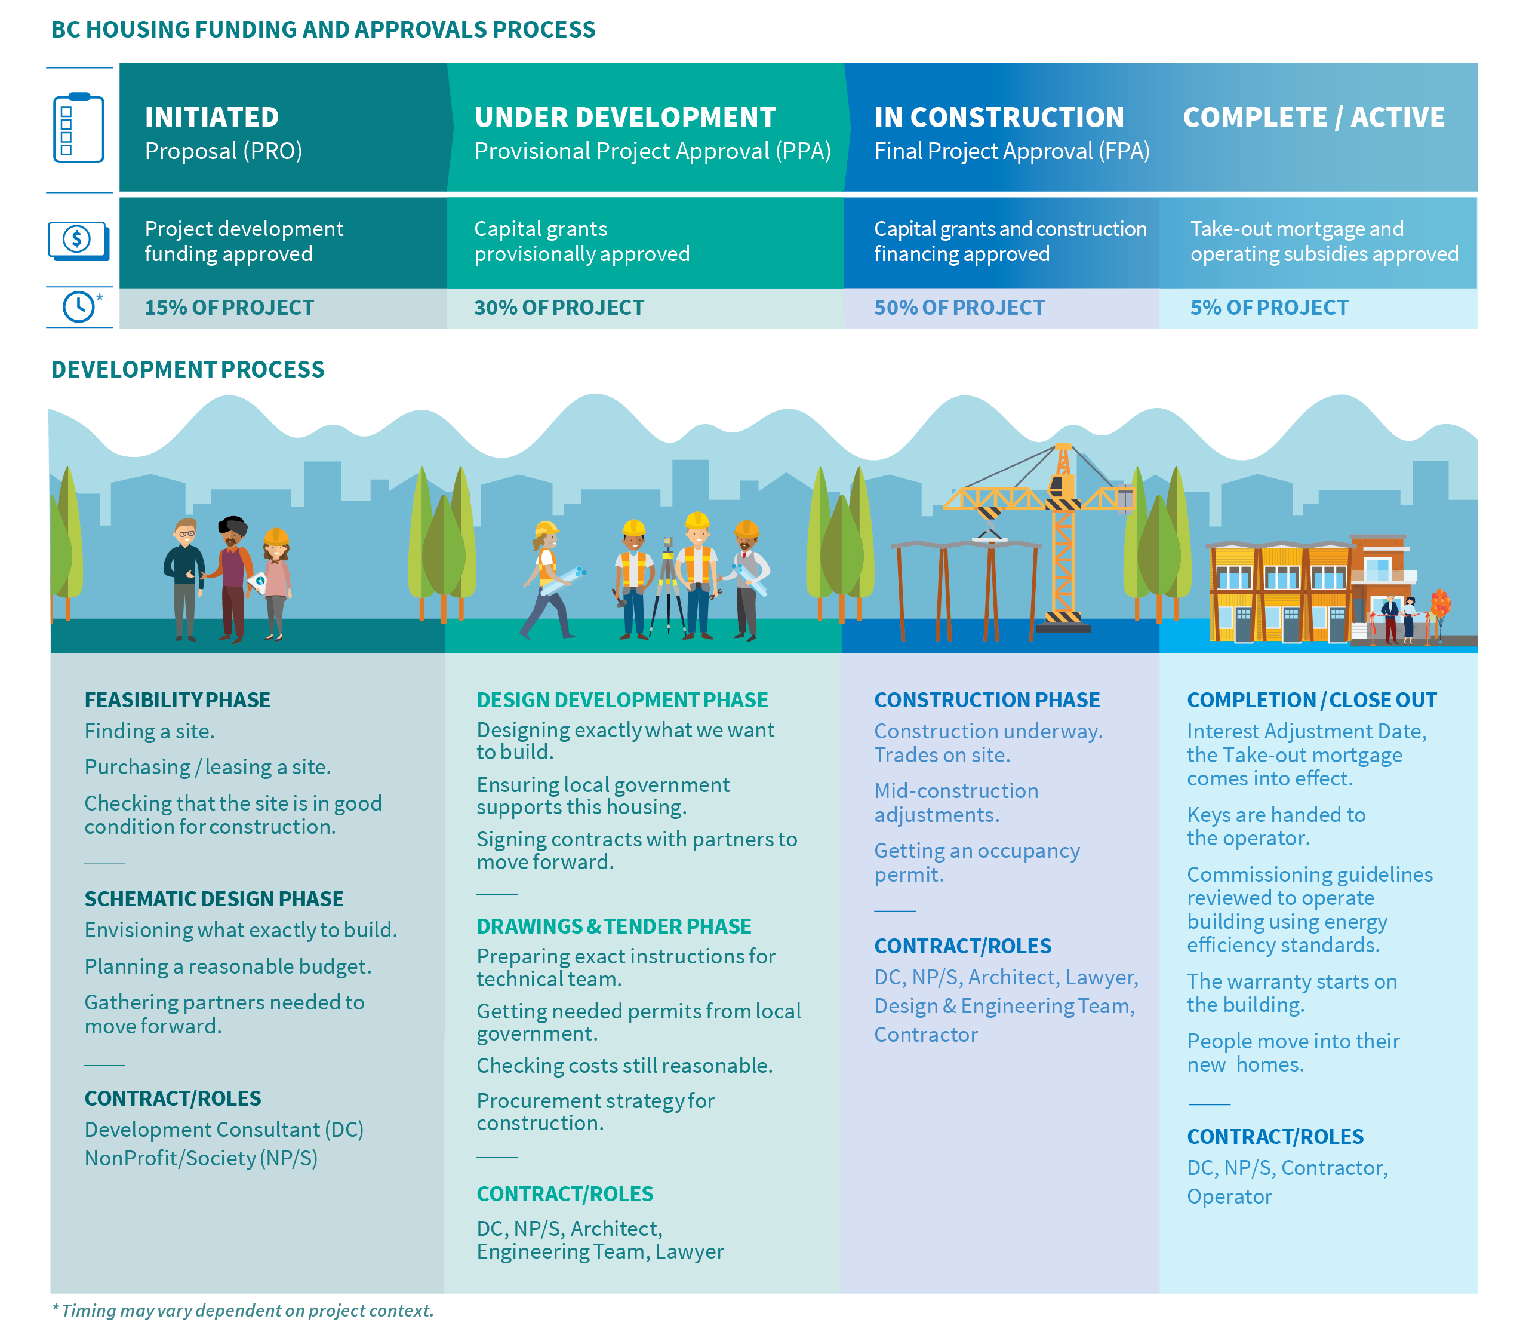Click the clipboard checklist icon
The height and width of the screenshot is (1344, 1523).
pyautogui.click(x=78, y=128)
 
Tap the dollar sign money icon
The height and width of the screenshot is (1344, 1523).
pyautogui.click(x=78, y=240)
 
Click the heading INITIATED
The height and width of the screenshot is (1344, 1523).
pyautogui.click(x=211, y=117)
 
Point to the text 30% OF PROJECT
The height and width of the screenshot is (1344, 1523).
pyautogui.click(x=559, y=308)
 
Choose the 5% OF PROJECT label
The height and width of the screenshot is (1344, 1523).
pyautogui.click(x=1269, y=308)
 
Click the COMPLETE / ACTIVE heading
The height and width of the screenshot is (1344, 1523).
pyautogui.click(x=1313, y=117)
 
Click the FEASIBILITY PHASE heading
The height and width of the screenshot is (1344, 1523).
pyautogui.click(x=177, y=700)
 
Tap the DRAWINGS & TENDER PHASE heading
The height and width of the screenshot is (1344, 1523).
pyautogui.click(x=614, y=926)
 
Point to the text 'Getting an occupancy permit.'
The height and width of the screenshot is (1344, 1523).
pyautogui.click(x=976, y=863)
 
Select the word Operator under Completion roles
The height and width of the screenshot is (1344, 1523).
pyautogui.click(x=1229, y=1196)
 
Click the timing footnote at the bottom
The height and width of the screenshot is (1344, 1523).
pyautogui.click(x=243, y=1311)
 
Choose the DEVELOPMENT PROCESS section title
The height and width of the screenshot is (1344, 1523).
pyautogui.click(x=188, y=369)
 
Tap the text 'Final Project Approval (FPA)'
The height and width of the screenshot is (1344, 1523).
pyautogui.click(x=1011, y=151)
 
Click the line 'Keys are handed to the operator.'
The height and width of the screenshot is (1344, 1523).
pyautogui.click(x=1276, y=826)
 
